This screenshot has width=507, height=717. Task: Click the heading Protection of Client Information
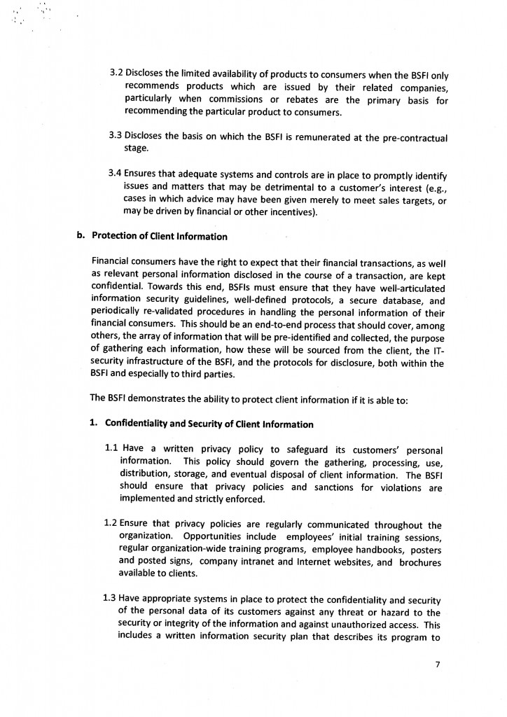[x=160, y=235]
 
